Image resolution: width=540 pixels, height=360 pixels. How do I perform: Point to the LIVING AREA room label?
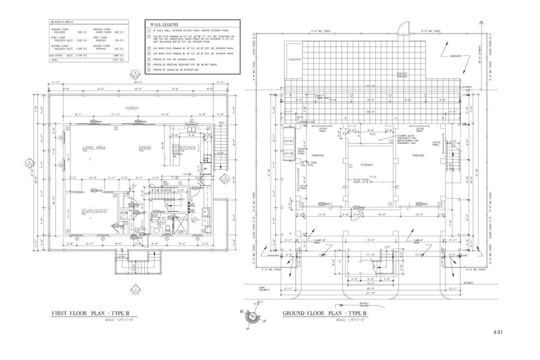[x=94, y=147]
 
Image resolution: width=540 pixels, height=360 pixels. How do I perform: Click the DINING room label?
[x=145, y=148]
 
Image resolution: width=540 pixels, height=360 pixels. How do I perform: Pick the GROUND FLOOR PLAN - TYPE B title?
[x=325, y=313]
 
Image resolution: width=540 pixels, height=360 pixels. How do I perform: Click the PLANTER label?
[x=294, y=59]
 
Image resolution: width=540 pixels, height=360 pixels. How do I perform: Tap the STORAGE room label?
[x=367, y=165]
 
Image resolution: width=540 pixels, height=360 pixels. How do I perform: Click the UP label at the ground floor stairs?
[x=387, y=247]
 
